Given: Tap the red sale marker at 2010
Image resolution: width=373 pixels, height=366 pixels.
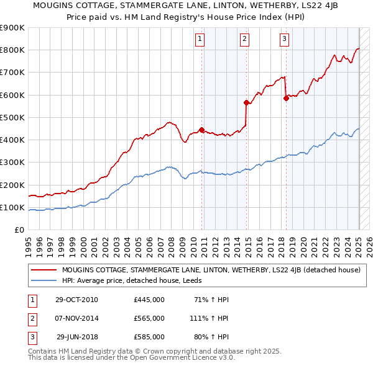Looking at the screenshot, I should [201, 130].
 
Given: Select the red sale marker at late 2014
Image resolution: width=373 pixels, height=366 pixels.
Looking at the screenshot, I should [247, 103].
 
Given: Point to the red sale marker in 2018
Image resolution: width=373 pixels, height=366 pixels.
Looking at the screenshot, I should [286, 98].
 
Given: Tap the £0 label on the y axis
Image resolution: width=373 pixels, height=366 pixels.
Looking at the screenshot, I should [19, 230].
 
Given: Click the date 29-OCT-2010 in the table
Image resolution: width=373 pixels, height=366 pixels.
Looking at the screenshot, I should [76, 300].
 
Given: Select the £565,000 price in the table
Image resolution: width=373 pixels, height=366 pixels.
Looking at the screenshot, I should [149, 318].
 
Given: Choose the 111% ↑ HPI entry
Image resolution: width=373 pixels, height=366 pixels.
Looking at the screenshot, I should [211, 318].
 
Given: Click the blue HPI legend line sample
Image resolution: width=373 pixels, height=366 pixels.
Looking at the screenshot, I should [44, 280].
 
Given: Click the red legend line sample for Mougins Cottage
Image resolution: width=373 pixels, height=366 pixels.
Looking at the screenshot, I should [44, 270].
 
